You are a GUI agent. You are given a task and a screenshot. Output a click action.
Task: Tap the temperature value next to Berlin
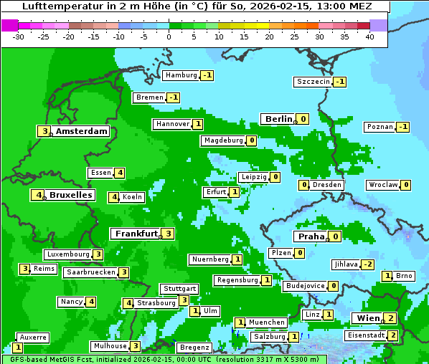(x=303, y=119)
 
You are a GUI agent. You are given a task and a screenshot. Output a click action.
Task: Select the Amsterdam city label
(x=81, y=131)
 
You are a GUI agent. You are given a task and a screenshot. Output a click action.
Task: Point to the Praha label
(x=311, y=236)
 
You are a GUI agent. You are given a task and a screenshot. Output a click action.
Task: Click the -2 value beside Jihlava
(x=367, y=264)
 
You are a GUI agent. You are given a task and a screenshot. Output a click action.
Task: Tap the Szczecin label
(x=313, y=82)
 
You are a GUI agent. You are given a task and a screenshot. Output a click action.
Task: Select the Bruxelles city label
(x=70, y=195)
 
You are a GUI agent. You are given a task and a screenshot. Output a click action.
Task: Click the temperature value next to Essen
(x=120, y=173)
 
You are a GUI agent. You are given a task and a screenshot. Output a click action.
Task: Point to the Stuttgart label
(x=179, y=289)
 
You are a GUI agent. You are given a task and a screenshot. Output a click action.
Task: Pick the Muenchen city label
(x=266, y=322)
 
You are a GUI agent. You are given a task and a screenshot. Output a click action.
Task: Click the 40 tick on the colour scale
(x=369, y=37)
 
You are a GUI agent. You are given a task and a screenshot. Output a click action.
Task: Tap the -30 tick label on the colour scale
(x=19, y=37)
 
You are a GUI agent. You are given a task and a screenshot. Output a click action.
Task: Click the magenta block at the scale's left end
(x=10, y=25)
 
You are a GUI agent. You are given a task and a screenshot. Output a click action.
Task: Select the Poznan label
(x=379, y=127)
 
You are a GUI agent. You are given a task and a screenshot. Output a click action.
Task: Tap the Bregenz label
(x=194, y=348)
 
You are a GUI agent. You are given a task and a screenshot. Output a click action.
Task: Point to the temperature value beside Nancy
(x=91, y=302)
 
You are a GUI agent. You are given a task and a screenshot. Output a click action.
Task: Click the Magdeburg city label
(x=223, y=140)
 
